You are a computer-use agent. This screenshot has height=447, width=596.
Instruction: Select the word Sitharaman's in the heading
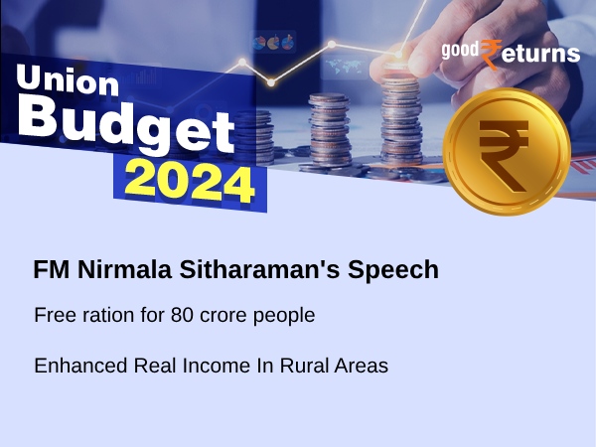(x=238, y=270)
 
